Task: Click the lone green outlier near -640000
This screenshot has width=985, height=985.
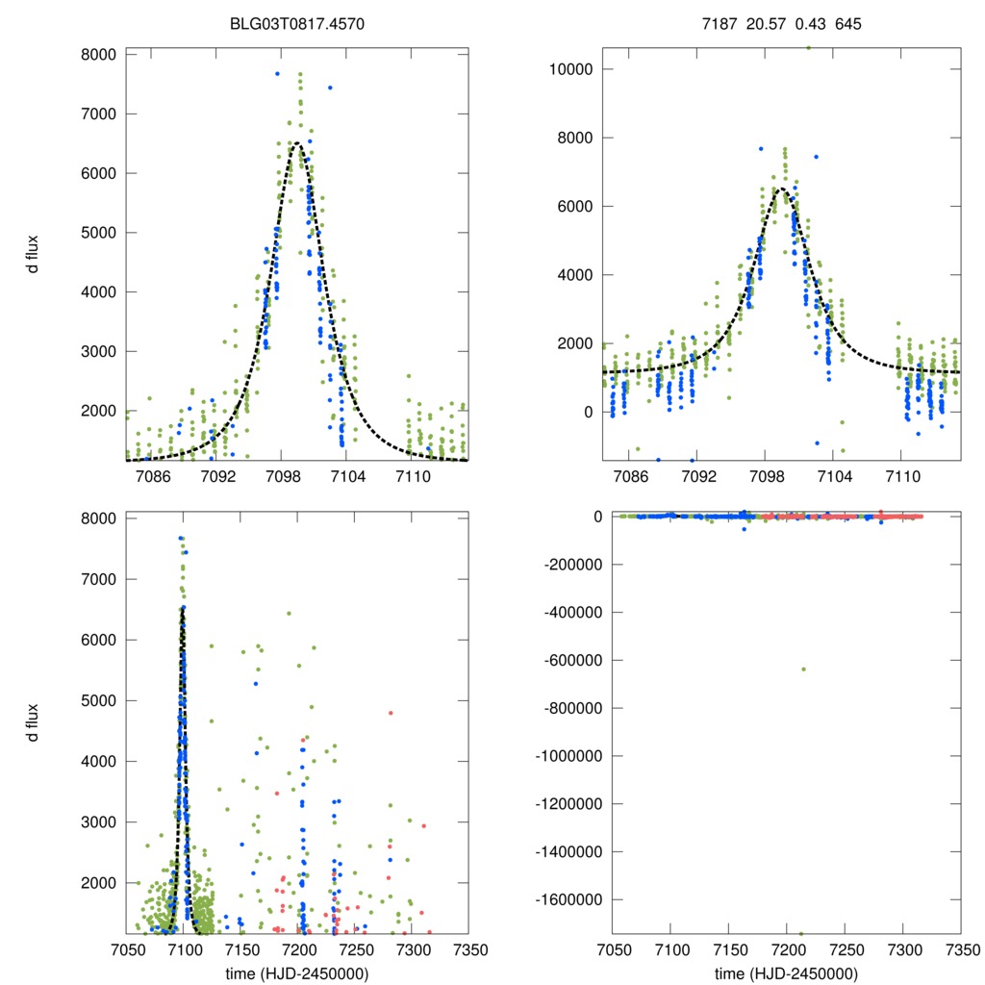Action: click(x=803, y=669)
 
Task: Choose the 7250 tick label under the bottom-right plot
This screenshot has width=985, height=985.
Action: click(x=845, y=950)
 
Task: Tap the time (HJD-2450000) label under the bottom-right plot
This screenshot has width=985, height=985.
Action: click(x=786, y=973)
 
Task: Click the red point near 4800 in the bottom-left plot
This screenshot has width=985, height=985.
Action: click(x=391, y=713)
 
